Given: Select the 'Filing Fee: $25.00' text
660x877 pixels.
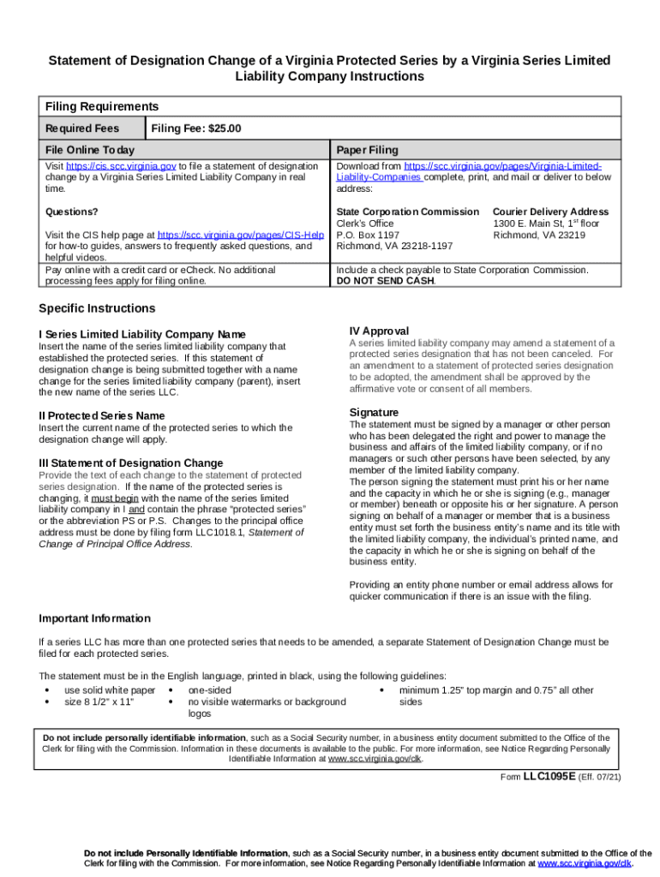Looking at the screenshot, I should point(196,128).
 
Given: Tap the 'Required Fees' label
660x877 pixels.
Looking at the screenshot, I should point(82,128).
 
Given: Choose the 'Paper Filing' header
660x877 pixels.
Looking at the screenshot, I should point(367,150).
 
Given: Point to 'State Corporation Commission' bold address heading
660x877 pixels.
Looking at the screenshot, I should point(407,212).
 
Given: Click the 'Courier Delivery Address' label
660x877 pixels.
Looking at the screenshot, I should point(550,212).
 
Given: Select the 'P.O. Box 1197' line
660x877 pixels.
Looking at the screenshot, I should point(368,234).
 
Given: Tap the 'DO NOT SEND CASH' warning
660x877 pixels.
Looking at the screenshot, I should point(385,280).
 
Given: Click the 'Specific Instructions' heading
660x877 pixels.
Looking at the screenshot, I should point(98,308).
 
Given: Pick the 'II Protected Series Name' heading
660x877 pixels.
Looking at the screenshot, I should point(102,415).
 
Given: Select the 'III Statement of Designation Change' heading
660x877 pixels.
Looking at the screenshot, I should point(131,462).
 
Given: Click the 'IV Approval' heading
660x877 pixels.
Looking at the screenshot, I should point(379,331).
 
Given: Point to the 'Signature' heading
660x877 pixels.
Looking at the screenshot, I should point(374,412).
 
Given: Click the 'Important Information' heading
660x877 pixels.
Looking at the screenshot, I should point(95,618).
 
